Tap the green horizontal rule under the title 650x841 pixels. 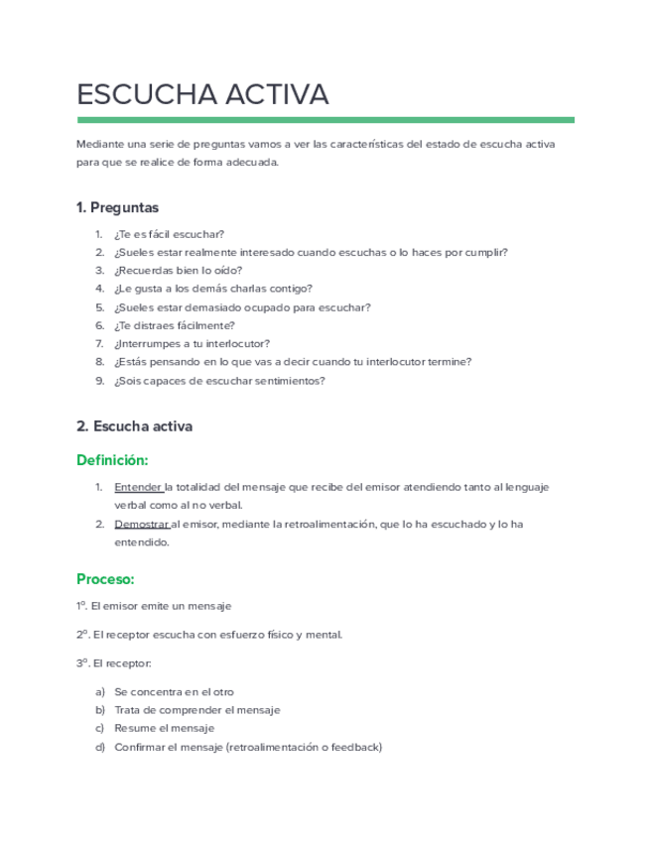325,120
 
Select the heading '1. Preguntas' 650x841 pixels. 117,207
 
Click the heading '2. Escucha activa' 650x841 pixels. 134,426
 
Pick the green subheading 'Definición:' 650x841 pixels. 112,460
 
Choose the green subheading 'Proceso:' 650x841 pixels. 105,578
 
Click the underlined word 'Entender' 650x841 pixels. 138,488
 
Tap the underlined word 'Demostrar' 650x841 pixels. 142,524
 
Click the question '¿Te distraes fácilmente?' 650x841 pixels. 175,325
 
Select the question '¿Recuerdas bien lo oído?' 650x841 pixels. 178,271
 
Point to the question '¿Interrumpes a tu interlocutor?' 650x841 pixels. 192,343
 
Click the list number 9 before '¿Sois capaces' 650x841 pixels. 99,380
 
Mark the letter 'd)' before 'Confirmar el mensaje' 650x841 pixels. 99,747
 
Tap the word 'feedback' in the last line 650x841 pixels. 354,747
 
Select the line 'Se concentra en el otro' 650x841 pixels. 174,691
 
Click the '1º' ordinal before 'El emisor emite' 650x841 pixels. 82,605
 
